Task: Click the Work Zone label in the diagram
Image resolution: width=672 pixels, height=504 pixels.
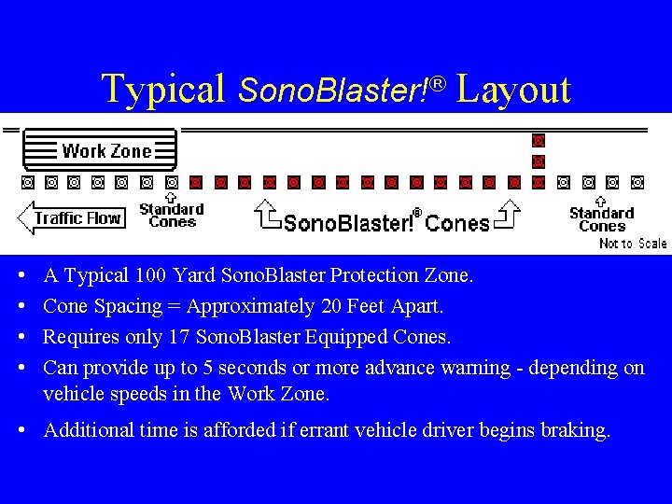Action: [x=105, y=150]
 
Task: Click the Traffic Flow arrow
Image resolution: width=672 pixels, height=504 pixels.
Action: [x=70, y=218]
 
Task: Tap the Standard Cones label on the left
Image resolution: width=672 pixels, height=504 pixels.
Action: [x=172, y=216]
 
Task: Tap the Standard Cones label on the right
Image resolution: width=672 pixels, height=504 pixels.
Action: [x=601, y=219]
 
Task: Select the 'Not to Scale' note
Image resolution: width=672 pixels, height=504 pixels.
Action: [x=633, y=244]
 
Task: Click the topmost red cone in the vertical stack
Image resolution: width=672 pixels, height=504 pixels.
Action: [x=538, y=141]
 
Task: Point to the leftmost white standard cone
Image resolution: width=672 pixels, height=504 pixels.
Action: [x=28, y=181]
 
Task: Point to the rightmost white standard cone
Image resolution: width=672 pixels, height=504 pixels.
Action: [x=637, y=182]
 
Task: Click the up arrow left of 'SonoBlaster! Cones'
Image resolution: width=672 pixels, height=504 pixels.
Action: [x=268, y=214]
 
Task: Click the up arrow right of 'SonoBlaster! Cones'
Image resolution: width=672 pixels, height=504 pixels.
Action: [x=509, y=214]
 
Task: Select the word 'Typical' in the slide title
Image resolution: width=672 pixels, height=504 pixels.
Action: [x=163, y=90]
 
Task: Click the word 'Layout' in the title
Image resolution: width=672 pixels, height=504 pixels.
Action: [x=513, y=90]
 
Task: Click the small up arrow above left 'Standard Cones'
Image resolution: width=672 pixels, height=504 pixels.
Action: [x=170, y=197]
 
